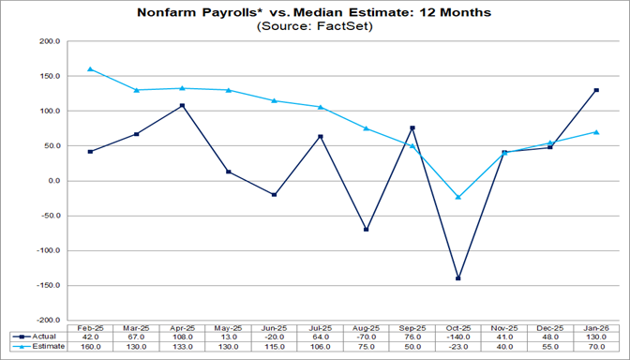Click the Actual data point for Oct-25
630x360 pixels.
[x=458, y=278]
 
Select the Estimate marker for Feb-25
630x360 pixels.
[x=90, y=69]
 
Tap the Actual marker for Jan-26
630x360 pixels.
[x=596, y=90]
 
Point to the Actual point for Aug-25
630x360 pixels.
[x=367, y=230]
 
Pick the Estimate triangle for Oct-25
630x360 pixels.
[x=458, y=197]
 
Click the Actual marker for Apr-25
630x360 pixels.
[x=182, y=105]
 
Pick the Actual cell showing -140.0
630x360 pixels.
[x=458, y=336]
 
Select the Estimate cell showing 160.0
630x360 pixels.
[x=90, y=346]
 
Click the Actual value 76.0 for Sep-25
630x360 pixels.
[x=412, y=336]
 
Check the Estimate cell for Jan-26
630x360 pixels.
[x=596, y=346]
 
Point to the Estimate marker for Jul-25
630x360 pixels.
[x=321, y=107]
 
